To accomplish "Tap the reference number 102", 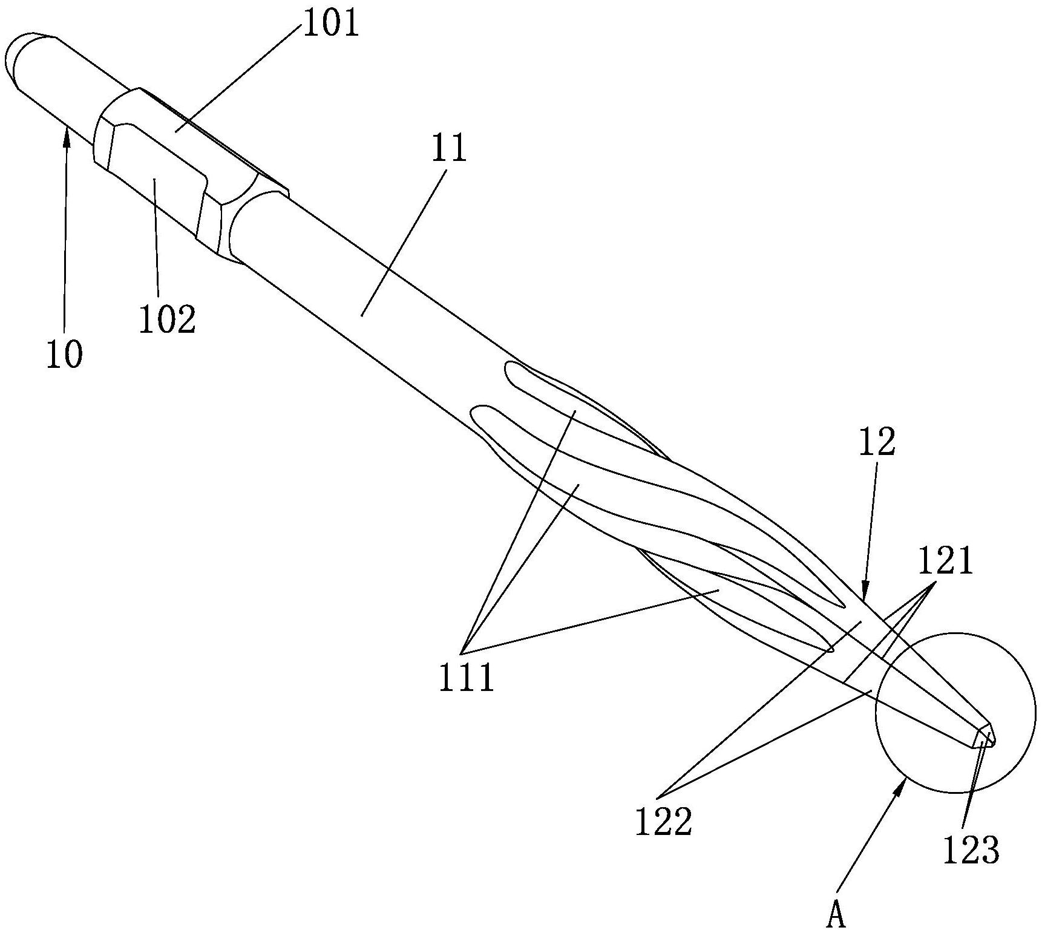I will click(x=168, y=319).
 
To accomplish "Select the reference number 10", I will click(x=64, y=354).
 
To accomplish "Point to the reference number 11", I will click(x=450, y=148).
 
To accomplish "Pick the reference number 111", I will click(x=467, y=678).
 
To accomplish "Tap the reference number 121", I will click(x=945, y=561).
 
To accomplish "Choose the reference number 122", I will click(x=663, y=822).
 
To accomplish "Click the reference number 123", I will click(x=971, y=850).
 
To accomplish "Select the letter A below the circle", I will click(x=836, y=915).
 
